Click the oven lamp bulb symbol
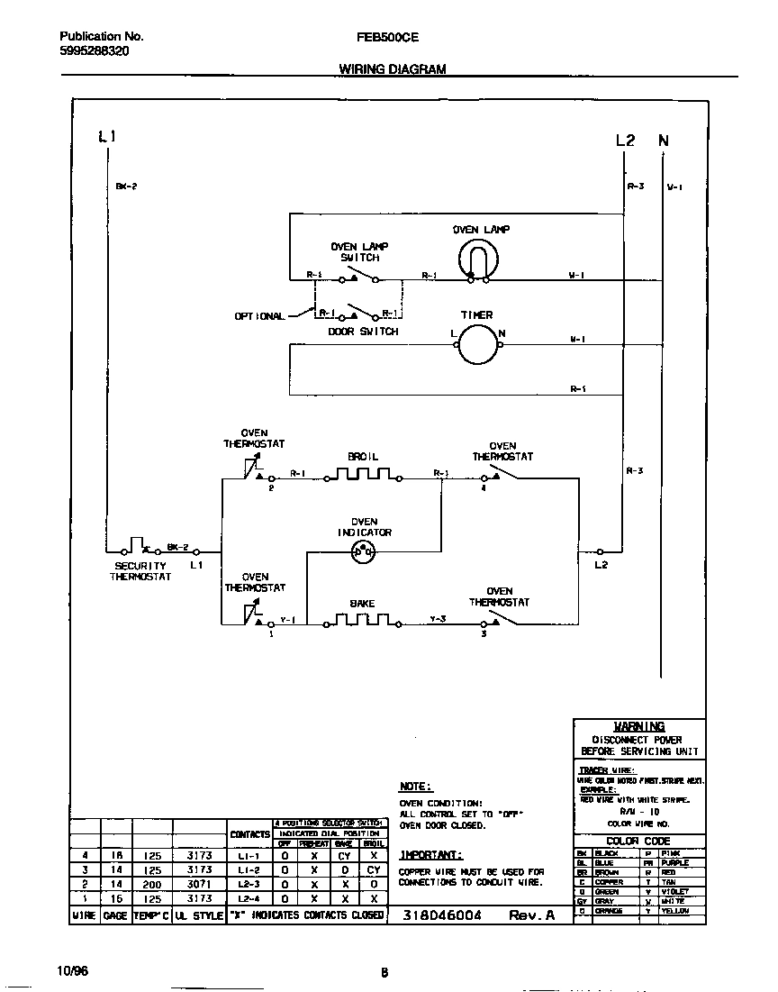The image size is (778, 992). (474, 262)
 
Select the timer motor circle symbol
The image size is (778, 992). (476, 344)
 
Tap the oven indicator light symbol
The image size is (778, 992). (364, 552)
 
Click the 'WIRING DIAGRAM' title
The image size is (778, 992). (392, 69)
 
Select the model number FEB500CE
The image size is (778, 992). (387, 37)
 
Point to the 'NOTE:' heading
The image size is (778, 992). (415, 787)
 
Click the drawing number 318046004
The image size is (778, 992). (441, 915)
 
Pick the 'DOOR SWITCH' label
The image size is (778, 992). (362, 332)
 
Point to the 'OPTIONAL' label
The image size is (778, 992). (259, 316)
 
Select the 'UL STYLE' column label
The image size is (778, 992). (198, 915)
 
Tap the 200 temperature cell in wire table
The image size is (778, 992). (151, 885)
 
